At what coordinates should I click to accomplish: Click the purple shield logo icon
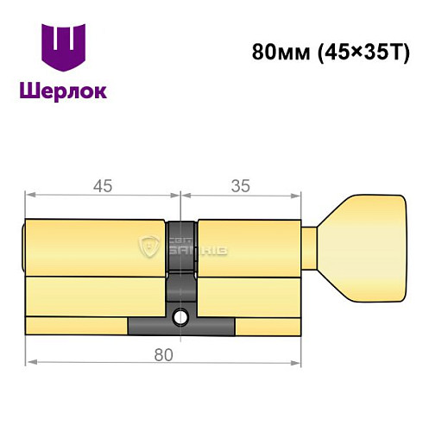(x=64, y=47)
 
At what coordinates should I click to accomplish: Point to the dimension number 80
(x=163, y=354)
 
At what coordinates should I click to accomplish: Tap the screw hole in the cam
(x=181, y=317)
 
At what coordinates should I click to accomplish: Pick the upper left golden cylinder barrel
(x=95, y=247)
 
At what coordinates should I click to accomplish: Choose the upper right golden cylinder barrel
(x=249, y=247)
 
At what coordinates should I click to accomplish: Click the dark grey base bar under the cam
(x=181, y=328)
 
